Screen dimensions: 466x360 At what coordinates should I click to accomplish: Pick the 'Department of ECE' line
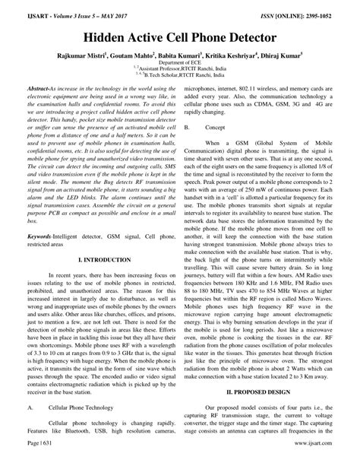[x=180, y=66]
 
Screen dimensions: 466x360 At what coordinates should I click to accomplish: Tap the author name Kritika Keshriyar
[x=229, y=56]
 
